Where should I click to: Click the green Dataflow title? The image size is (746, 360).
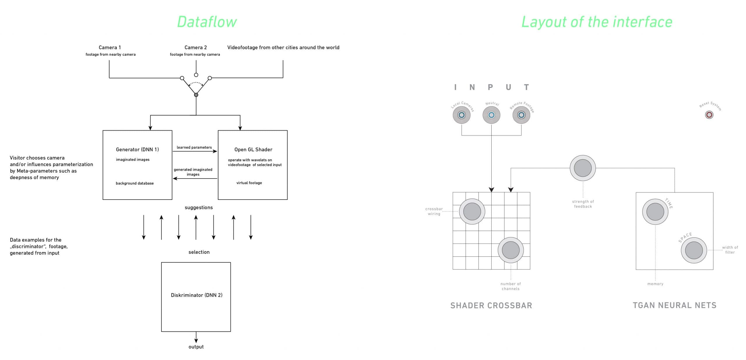point(207,22)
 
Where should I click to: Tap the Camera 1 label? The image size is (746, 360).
point(110,47)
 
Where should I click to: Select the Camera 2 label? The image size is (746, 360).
point(196,47)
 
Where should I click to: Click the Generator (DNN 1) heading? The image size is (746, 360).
point(137,149)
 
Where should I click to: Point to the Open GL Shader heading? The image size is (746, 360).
point(253,149)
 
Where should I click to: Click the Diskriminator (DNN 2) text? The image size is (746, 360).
point(196,295)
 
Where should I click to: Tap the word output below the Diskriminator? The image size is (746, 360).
point(196,347)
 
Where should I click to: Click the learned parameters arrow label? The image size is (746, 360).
point(194,147)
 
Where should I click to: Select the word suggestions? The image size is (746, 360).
point(199,207)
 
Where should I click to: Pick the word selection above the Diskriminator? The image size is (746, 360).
point(199,252)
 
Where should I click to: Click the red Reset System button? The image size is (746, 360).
point(709,115)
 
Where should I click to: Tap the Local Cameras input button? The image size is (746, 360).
point(462,115)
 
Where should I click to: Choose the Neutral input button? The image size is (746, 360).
point(491,115)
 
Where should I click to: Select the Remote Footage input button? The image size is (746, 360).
point(521,115)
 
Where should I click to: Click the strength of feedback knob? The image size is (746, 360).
point(583,168)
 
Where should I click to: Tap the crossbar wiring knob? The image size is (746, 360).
point(472,211)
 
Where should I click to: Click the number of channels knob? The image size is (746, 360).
point(511,250)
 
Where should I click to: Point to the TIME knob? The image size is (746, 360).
point(655,212)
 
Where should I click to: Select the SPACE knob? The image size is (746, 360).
point(694,250)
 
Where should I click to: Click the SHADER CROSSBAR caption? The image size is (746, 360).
point(491,305)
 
